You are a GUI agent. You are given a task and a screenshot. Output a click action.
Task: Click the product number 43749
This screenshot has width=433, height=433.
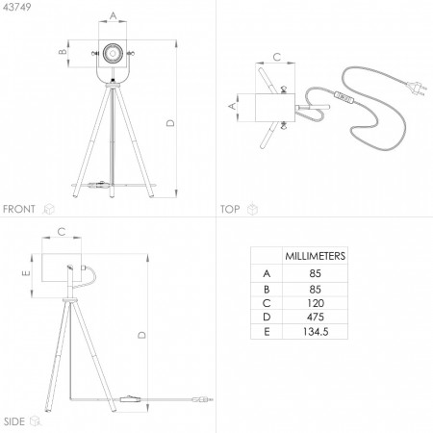17,7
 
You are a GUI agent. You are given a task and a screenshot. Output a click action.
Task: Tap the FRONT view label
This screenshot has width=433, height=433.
19,209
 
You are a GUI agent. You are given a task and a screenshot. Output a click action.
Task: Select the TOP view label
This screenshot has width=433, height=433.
230,209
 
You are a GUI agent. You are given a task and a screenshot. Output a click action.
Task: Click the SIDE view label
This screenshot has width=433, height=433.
14,421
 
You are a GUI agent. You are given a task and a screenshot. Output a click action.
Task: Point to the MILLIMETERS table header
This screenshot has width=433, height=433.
316,256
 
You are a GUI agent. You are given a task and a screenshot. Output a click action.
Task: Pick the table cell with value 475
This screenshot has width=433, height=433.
316,317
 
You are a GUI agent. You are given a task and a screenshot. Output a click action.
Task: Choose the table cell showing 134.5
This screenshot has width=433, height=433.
316,331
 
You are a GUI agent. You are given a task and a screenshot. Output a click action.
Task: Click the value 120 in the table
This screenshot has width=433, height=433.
316,303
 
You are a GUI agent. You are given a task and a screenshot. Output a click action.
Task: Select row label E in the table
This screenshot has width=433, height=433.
267,332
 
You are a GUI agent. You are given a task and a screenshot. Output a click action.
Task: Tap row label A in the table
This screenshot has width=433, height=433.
267,273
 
